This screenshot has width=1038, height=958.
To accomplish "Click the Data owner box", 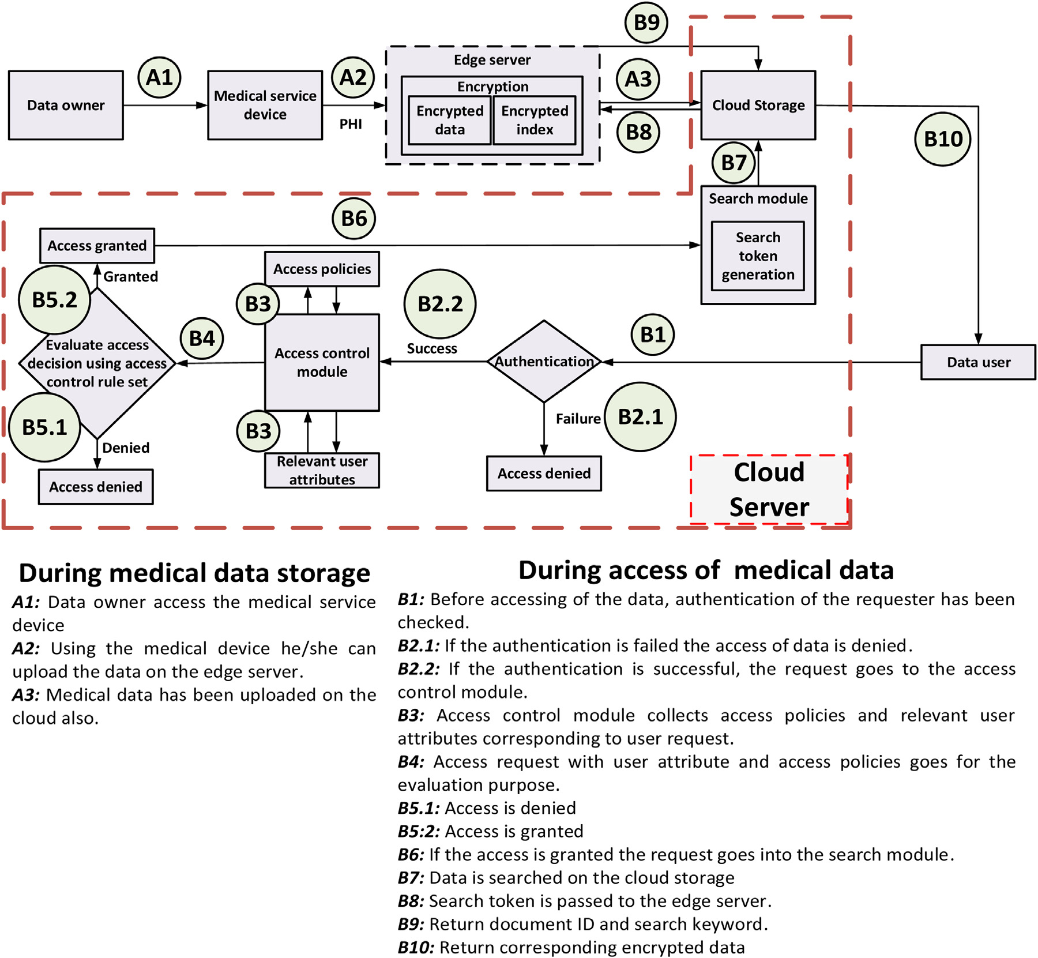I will coord(66,105).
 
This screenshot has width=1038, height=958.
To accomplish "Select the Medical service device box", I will coord(265,105).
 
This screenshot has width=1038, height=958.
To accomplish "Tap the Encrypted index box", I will coord(535,120).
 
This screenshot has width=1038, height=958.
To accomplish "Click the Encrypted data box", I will coord(450,120).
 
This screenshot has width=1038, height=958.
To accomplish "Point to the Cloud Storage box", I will coord(758,105).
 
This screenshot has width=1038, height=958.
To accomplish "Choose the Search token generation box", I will coord(758,256).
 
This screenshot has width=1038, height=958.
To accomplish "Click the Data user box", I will coord(978,362).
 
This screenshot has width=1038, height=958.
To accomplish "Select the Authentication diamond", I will coord(544,362).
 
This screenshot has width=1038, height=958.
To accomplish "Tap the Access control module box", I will coord(322,362).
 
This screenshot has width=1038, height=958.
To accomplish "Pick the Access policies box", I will coord(322,269).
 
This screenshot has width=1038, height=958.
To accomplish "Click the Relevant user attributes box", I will coord(322,470).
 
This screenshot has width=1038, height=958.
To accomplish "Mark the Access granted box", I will coord(97,246).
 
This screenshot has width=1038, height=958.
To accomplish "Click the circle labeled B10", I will coord(943,139).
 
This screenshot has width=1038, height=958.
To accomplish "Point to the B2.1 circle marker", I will coord(640,416).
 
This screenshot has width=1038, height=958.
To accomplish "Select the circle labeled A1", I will coord(160,77).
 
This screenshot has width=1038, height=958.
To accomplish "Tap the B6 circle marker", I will coord(354,219).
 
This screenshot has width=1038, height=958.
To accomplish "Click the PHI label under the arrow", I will coord(351,124).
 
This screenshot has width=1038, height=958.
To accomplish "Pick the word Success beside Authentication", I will coord(432,348).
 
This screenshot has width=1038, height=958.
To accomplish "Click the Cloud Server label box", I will coord(769,490).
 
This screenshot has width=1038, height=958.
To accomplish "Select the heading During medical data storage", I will coord(194,573).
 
